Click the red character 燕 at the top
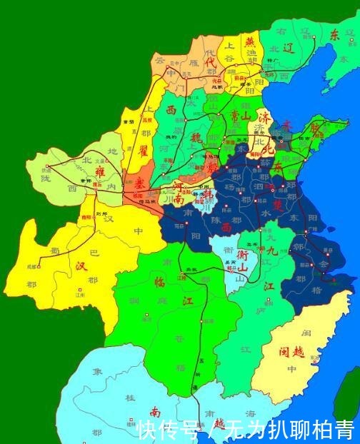(250, 41)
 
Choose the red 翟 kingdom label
(143, 151)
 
